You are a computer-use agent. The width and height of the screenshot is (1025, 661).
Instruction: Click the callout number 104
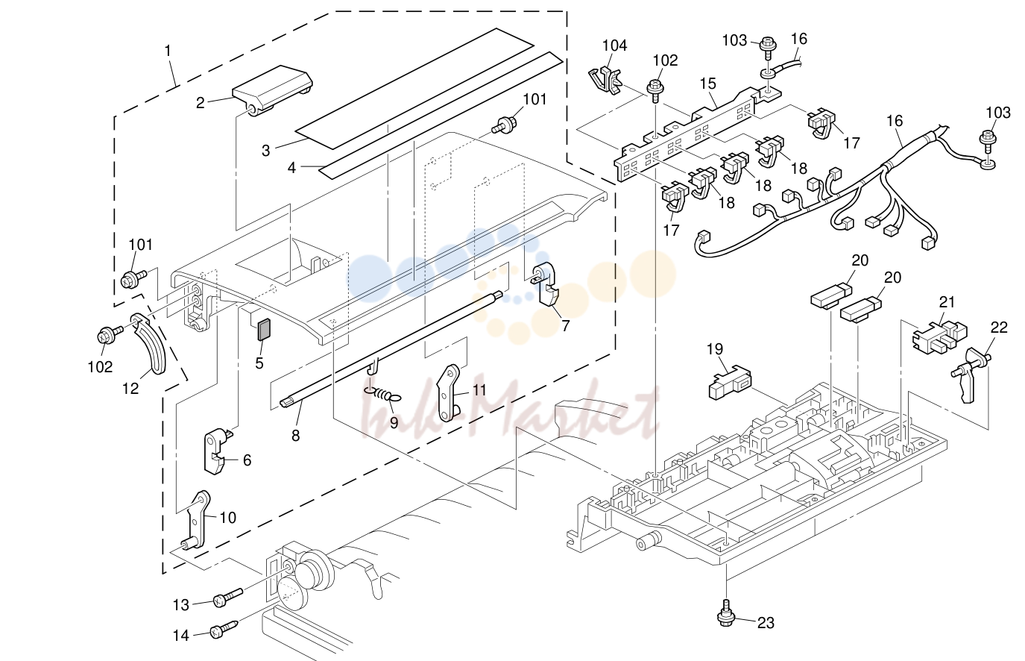click(x=614, y=46)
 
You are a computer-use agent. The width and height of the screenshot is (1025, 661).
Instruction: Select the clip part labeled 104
click(x=604, y=81)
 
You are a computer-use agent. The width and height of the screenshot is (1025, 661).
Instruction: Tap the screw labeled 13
click(x=228, y=597)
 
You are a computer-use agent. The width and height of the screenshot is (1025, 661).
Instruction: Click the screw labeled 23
click(x=726, y=613)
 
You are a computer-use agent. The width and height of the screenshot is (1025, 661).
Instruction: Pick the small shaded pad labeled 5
click(x=265, y=330)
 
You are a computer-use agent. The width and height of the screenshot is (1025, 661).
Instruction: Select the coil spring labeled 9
click(x=382, y=394)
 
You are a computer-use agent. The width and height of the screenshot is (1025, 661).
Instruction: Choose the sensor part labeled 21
click(x=939, y=338)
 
